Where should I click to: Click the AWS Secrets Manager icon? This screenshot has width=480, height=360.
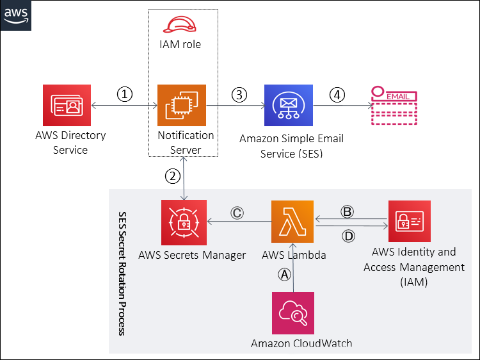(184, 222)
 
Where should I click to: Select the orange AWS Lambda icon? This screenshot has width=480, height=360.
(292, 222)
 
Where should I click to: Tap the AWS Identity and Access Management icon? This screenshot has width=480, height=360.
(410, 222)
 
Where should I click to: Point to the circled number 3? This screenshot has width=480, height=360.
(239, 94)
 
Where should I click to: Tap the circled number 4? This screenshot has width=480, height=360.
(337, 94)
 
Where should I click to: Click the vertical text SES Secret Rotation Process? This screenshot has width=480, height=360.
(122, 273)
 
